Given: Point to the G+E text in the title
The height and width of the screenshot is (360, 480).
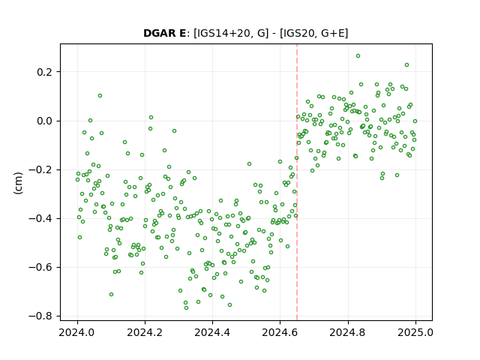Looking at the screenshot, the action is [x=333, y=33].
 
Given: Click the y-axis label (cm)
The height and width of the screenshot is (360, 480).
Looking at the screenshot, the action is [x=18, y=183].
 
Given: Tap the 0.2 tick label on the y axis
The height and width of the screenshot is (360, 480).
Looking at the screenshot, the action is [x=45, y=72].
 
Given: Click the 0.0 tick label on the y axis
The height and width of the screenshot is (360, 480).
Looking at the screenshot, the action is [x=45, y=121].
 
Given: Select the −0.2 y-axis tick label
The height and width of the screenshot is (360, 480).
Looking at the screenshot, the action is [x=40, y=170].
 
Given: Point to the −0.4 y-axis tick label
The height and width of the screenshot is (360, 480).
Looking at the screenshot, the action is [x=40, y=218].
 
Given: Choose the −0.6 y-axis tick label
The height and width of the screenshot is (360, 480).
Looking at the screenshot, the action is [x=40, y=267].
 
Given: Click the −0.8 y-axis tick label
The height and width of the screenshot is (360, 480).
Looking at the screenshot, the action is [x=40, y=316].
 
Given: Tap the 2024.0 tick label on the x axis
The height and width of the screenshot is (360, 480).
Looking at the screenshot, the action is [x=77, y=332].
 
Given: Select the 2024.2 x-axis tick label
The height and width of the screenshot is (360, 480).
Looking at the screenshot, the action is [x=145, y=332].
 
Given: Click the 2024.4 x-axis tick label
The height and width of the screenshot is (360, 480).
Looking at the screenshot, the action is [x=212, y=332].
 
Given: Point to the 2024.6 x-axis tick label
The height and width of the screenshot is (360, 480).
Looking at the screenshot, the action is [x=280, y=332].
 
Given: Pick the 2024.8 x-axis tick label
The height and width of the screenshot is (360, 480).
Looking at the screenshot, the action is [x=348, y=332].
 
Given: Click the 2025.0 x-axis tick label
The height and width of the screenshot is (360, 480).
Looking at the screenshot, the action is [x=415, y=332].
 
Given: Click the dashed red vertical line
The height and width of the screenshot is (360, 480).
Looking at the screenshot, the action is [x=297, y=182].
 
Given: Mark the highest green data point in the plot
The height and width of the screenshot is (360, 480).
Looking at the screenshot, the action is [x=358, y=56].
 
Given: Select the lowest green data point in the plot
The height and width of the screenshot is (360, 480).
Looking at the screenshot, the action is [x=186, y=307].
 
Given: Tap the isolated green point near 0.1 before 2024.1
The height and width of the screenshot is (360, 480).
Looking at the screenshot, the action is [x=100, y=96].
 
